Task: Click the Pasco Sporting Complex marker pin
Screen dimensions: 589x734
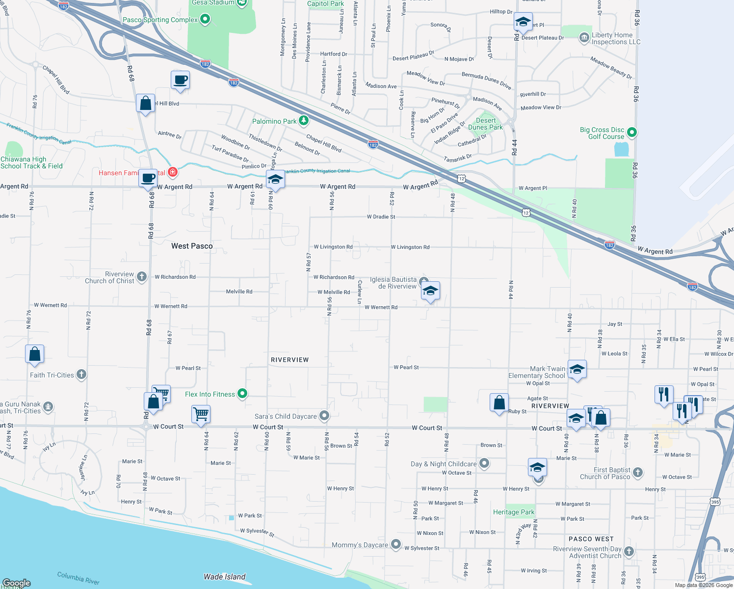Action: [x=206, y=20]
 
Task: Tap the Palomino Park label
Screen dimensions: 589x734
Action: [x=274, y=121]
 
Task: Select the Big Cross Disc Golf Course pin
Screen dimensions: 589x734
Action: [x=632, y=132]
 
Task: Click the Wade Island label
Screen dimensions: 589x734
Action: [x=224, y=577]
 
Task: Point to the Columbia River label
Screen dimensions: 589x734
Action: [x=78, y=578]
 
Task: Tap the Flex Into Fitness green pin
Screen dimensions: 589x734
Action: [x=242, y=394]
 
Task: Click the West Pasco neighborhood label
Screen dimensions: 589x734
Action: [x=192, y=246]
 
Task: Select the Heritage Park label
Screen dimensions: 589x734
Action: [x=514, y=512]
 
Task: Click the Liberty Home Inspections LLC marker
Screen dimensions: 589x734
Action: [x=584, y=38]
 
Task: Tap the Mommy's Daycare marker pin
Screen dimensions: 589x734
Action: [x=396, y=545]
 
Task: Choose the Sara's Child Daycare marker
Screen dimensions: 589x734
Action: [x=324, y=416]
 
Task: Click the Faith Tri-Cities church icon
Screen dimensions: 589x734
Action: [x=81, y=375]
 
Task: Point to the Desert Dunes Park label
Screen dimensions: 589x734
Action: [x=485, y=124]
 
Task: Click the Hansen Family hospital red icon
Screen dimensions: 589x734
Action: [x=172, y=172]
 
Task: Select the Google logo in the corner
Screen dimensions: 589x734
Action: [x=17, y=583]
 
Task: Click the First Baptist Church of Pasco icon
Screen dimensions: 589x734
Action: [x=637, y=472]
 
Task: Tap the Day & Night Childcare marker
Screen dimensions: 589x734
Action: [x=484, y=463]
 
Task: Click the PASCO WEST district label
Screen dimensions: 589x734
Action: [x=591, y=539]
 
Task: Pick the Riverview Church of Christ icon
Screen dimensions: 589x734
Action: [x=142, y=277]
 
